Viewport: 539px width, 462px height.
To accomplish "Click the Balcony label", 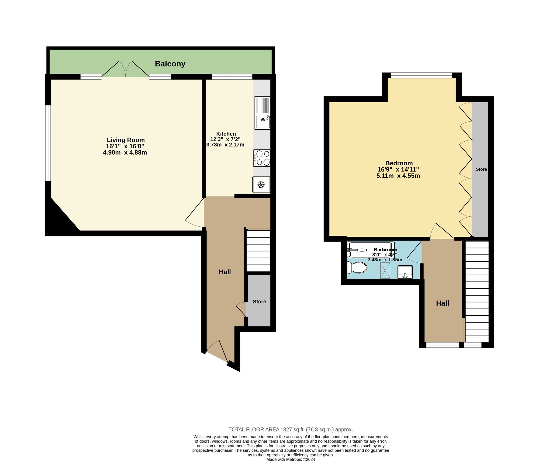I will [x=170, y=64].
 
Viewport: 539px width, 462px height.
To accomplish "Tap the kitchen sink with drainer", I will [x=262, y=113].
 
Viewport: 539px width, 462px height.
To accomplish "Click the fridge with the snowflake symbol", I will [x=261, y=185].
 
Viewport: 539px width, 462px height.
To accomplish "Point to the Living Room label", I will [x=126, y=140].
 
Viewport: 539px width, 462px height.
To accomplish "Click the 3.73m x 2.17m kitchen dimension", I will [x=225, y=145].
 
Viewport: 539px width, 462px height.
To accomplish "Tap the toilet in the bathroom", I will [x=357, y=268].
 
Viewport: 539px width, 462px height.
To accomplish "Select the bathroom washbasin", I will [x=405, y=272].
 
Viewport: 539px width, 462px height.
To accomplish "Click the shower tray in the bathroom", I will [x=385, y=271].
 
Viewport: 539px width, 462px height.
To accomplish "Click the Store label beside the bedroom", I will [x=481, y=169].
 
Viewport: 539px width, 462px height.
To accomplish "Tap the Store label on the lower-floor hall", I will [x=259, y=302].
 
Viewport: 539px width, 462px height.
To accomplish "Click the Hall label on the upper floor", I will [x=443, y=303].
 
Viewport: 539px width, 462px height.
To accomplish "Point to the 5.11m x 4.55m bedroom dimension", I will [x=398, y=176].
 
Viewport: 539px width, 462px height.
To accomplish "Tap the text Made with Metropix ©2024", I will [x=291, y=460].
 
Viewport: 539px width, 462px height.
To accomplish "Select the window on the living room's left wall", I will [x=48, y=143].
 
